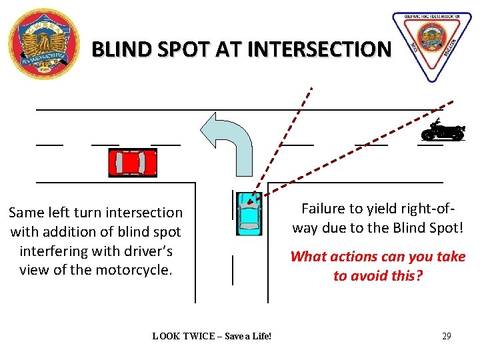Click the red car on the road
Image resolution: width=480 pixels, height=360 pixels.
click(x=133, y=163)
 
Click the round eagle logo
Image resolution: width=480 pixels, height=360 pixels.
click(x=43, y=44)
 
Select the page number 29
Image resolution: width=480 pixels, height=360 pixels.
click(x=446, y=336)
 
